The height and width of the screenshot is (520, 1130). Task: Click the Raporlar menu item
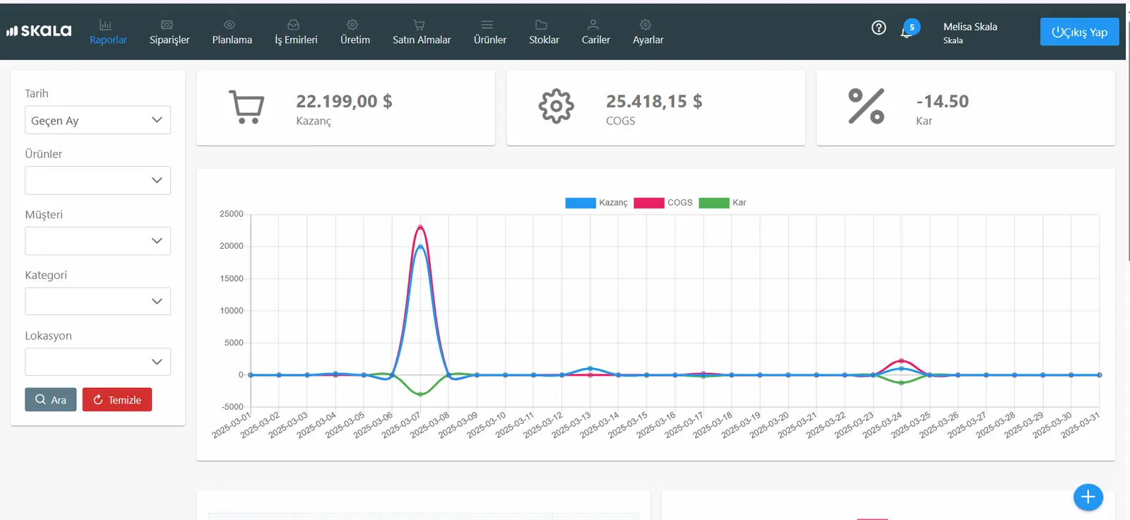pos(108,32)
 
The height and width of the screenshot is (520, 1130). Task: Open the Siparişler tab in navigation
pos(169,32)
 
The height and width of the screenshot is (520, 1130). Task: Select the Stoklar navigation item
pos(544,32)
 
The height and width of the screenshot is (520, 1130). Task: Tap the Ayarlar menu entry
pos(648,32)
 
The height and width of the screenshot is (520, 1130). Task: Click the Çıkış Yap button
pos(1079,32)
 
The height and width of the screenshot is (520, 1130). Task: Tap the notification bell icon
pos(907,32)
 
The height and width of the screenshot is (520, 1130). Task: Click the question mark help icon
pos(879,28)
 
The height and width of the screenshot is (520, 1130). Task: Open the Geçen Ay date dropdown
pos(98,120)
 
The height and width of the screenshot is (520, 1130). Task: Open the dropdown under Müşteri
pos(98,241)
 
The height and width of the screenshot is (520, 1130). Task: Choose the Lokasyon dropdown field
pos(98,362)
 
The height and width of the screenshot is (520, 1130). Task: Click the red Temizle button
pos(117,399)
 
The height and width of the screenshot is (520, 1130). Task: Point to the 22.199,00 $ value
pos(344,101)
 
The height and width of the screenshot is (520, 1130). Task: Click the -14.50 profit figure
pos(942,101)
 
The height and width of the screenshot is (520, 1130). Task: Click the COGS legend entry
pos(663,203)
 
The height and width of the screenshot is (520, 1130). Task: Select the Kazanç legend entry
pos(596,203)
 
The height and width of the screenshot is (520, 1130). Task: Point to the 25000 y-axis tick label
pos(232,214)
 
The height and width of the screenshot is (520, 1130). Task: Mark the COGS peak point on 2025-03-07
pos(420,227)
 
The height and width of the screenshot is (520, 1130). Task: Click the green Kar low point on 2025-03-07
pos(420,394)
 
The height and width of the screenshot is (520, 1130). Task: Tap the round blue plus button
pos(1088,497)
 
